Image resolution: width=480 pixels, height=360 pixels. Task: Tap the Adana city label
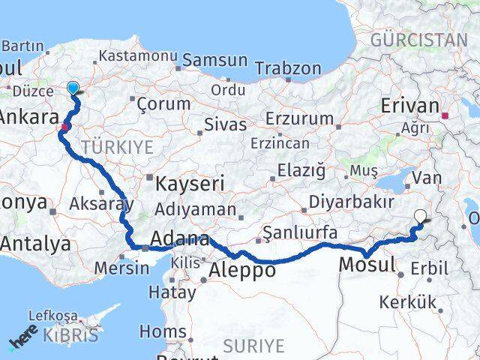click(x=180, y=240)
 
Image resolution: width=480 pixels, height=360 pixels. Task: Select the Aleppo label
click(x=242, y=270)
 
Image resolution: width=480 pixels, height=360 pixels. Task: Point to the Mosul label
click(x=367, y=264)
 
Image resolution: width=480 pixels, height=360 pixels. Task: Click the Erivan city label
click(x=410, y=106)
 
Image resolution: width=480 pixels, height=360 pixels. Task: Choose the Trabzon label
click(x=288, y=69)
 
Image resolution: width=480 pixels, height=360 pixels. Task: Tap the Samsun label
click(x=214, y=60)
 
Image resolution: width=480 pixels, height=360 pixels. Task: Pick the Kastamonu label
click(x=138, y=57)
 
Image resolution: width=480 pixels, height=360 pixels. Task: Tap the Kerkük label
click(x=407, y=302)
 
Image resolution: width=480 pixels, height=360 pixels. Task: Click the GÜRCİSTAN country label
click(x=418, y=39)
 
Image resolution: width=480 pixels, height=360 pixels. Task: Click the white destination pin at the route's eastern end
click(x=420, y=217)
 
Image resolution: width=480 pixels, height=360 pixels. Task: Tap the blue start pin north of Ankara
click(x=73, y=88)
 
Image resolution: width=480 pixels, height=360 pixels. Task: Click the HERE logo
click(x=24, y=340)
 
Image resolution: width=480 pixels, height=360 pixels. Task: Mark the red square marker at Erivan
click(x=445, y=116)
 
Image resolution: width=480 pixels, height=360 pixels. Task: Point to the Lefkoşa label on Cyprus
click(x=52, y=316)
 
